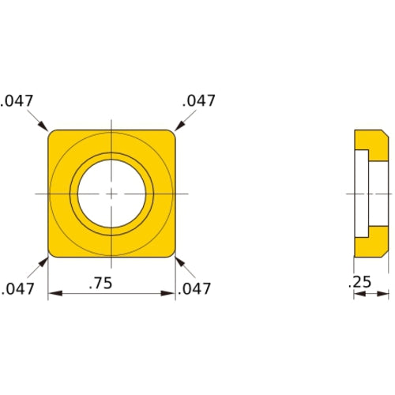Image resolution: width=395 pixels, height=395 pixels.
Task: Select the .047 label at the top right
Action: click(198, 101)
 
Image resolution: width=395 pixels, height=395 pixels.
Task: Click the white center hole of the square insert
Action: click(111, 194)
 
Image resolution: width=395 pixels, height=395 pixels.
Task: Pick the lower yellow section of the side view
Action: click(370, 246)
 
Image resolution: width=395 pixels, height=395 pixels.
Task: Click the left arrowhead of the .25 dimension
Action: click(357, 295)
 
